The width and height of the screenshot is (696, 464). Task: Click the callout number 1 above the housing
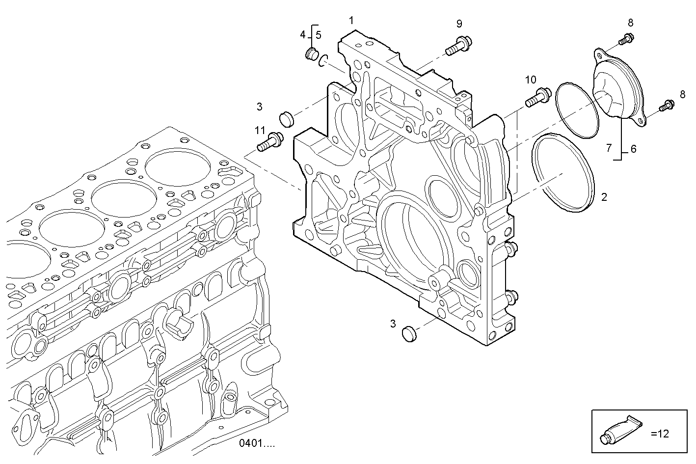[x=351, y=20]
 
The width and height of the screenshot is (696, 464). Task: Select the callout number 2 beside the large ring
[x=604, y=197]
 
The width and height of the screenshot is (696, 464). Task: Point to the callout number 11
[x=260, y=130]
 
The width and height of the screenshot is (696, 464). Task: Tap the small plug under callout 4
[x=310, y=54]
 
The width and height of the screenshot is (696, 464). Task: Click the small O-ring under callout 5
[x=322, y=61]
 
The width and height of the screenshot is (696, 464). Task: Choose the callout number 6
[x=633, y=149]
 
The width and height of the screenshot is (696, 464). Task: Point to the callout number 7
[x=609, y=147]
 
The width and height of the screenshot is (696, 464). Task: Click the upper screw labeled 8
[x=625, y=39]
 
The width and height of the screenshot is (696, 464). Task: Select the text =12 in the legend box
[x=660, y=434]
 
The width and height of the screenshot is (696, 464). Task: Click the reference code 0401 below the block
[x=257, y=443]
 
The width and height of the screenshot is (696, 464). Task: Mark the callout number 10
[x=531, y=80]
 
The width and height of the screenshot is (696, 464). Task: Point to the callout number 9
[x=459, y=24]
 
